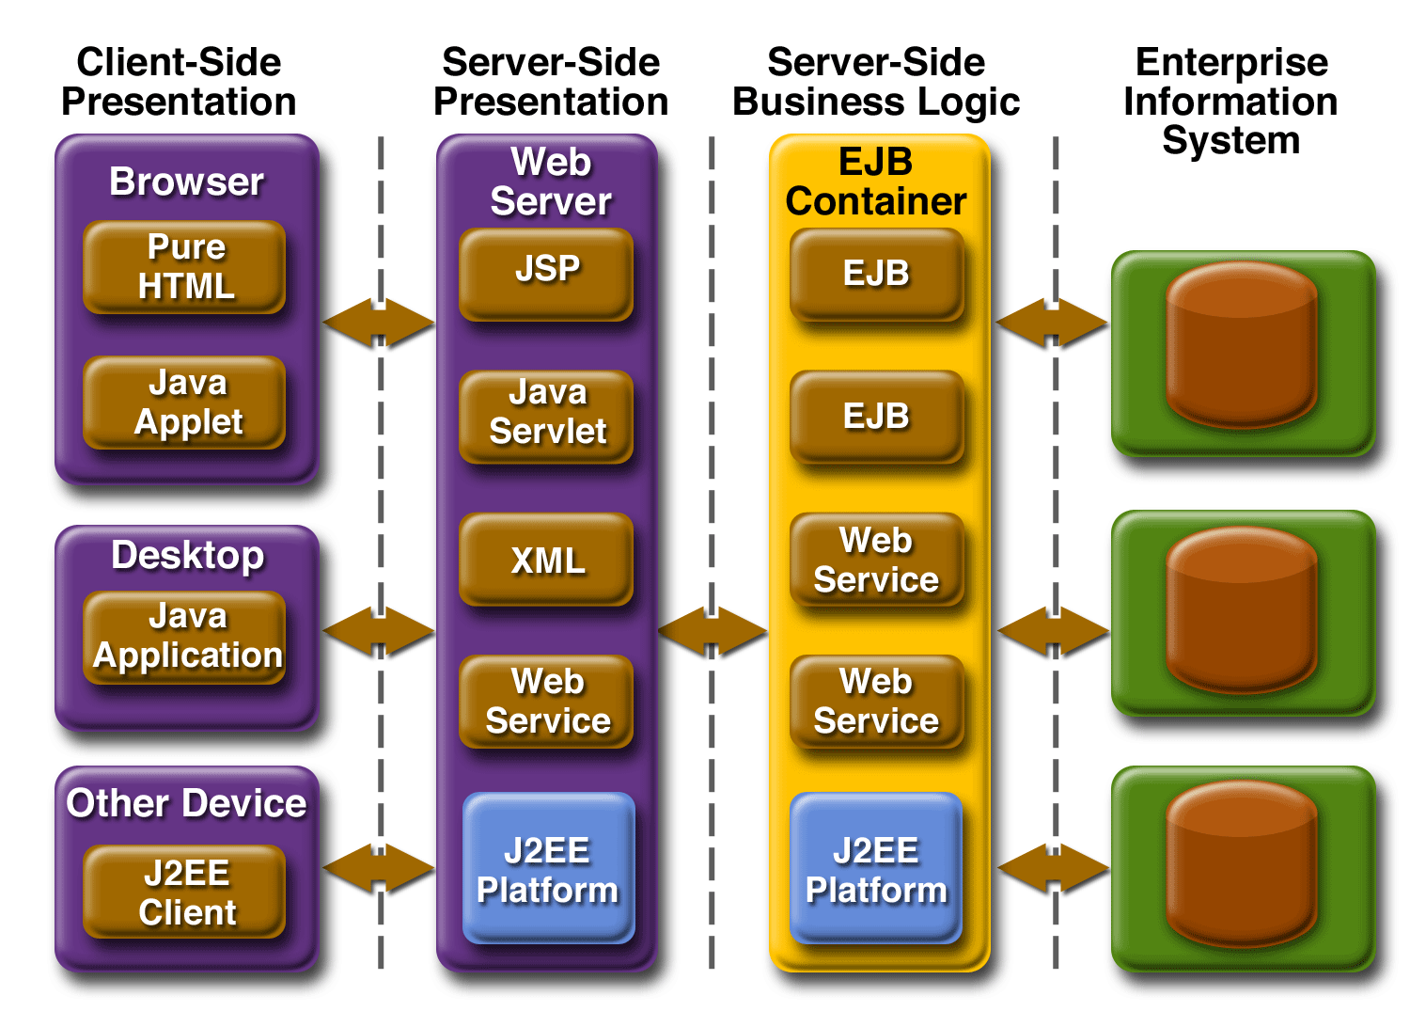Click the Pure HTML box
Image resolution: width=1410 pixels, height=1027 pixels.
click(x=185, y=267)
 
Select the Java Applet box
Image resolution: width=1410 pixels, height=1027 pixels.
click(x=185, y=403)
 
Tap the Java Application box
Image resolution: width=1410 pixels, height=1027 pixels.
click(x=185, y=637)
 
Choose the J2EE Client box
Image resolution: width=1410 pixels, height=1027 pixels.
click(x=185, y=892)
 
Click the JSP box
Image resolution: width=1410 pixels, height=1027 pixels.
click(x=546, y=273)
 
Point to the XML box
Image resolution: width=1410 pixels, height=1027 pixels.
click(x=546, y=560)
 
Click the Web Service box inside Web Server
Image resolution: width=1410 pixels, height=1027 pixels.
click(x=546, y=702)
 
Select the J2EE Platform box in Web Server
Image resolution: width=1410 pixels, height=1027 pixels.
click(x=549, y=868)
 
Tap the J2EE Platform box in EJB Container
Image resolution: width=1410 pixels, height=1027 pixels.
click(x=876, y=868)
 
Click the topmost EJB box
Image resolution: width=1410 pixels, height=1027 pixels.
click(x=876, y=274)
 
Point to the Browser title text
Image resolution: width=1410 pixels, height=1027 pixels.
click(x=186, y=182)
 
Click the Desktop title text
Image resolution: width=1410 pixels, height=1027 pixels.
click(x=187, y=555)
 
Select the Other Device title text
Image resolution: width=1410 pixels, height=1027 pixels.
click(x=186, y=803)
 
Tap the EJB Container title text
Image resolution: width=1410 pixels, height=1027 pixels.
click(x=876, y=182)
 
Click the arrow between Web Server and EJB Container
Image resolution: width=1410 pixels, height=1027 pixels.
click(x=713, y=630)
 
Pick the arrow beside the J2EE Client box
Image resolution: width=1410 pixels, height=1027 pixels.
click(x=379, y=867)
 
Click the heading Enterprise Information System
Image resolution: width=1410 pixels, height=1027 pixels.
click(x=1231, y=101)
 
